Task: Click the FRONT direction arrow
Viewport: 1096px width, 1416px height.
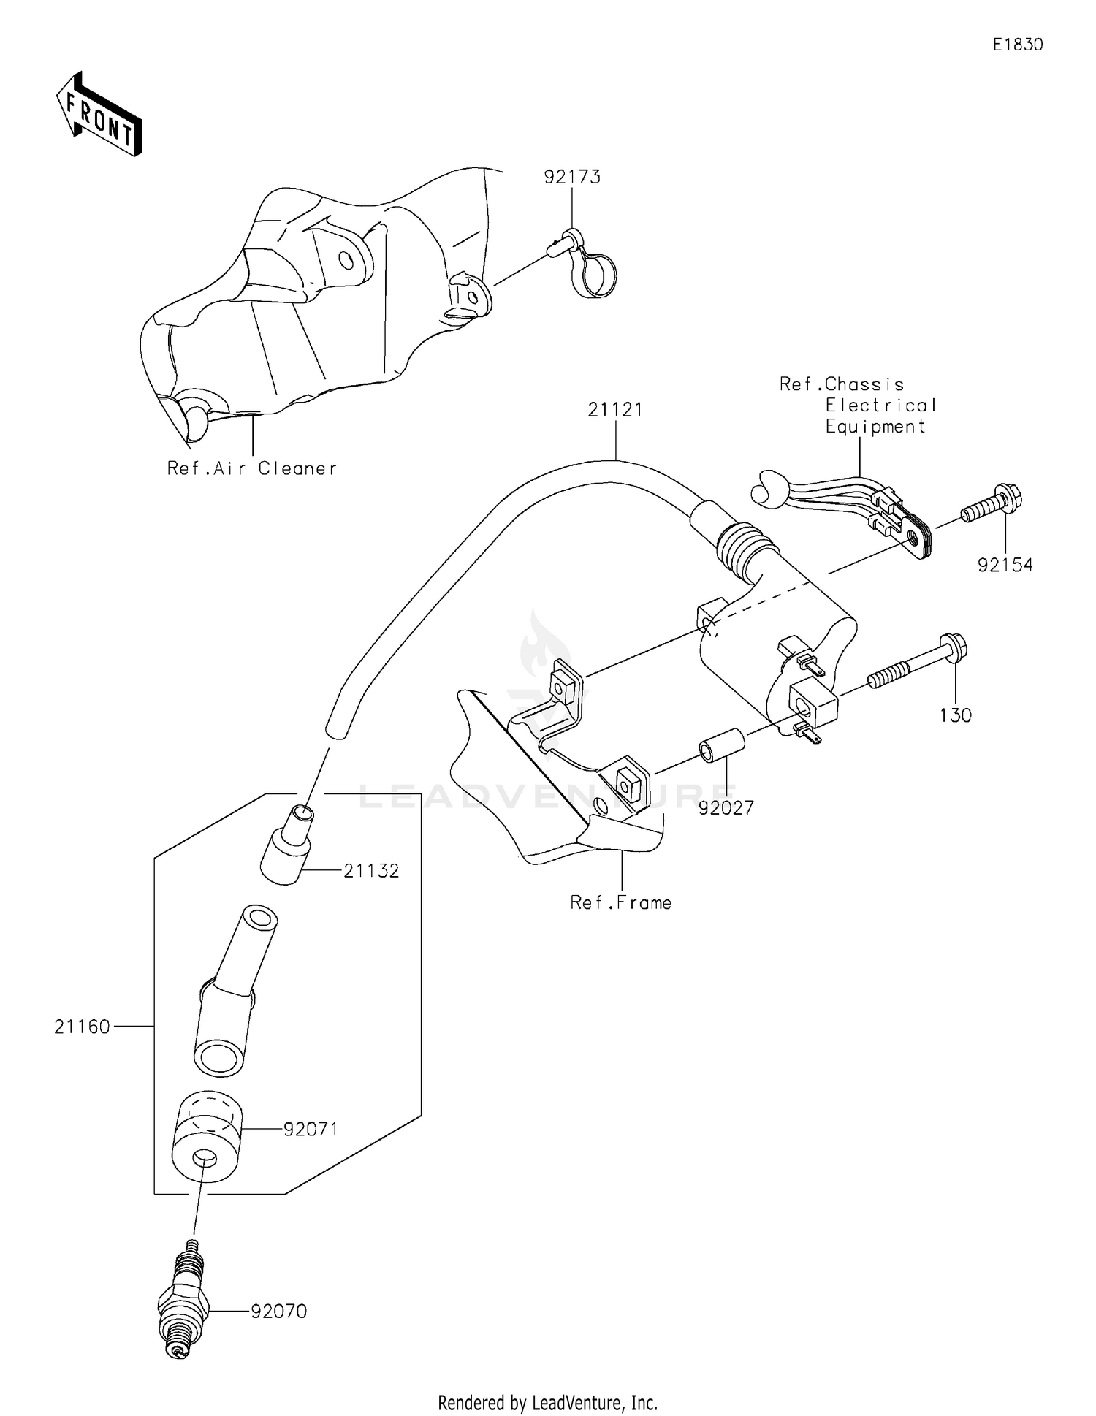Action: (x=99, y=115)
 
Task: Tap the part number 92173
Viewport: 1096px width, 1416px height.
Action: (x=571, y=177)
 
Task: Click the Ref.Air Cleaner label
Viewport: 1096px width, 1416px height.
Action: (x=252, y=468)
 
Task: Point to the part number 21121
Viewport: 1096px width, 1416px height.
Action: (x=615, y=410)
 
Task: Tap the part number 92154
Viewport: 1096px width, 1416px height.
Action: (x=1005, y=565)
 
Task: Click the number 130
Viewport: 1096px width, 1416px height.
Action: (x=955, y=715)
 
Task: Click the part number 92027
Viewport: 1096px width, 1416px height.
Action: (x=726, y=808)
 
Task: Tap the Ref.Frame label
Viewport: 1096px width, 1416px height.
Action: (x=620, y=903)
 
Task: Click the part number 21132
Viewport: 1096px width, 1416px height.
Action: (x=371, y=871)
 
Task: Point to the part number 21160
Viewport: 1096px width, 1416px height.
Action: (x=82, y=1027)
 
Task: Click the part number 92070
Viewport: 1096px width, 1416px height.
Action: (x=278, y=1312)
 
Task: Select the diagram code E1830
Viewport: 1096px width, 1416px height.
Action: (x=1017, y=45)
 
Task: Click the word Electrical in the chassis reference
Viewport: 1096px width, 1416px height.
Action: (x=880, y=406)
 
